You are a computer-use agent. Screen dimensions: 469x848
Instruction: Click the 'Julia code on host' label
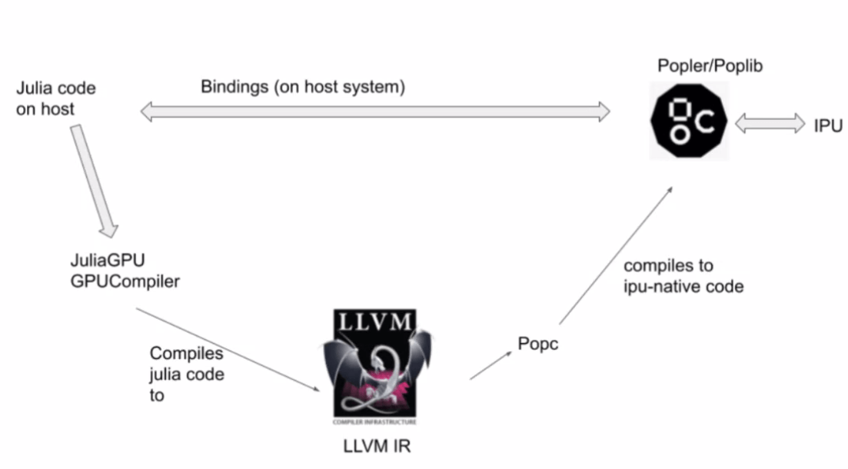pyautogui.click(x=56, y=98)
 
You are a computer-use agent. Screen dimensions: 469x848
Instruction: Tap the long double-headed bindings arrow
pyautogui.click(x=374, y=113)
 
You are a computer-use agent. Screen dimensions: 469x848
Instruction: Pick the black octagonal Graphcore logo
pyautogui.click(x=689, y=120)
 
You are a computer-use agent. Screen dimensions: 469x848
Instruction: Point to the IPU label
pyautogui.click(x=829, y=125)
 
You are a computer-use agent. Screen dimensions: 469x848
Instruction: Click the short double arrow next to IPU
pyautogui.click(x=770, y=123)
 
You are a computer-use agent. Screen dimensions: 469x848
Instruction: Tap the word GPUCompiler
pyautogui.click(x=124, y=281)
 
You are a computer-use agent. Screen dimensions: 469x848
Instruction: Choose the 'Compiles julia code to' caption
pyautogui.click(x=187, y=374)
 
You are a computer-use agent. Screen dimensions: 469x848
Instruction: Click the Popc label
pyautogui.click(x=538, y=344)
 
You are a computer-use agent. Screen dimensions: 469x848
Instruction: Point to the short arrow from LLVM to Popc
pyautogui.click(x=489, y=364)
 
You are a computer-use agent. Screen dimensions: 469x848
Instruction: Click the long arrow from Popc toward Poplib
pyautogui.click(x=615, y=254)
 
